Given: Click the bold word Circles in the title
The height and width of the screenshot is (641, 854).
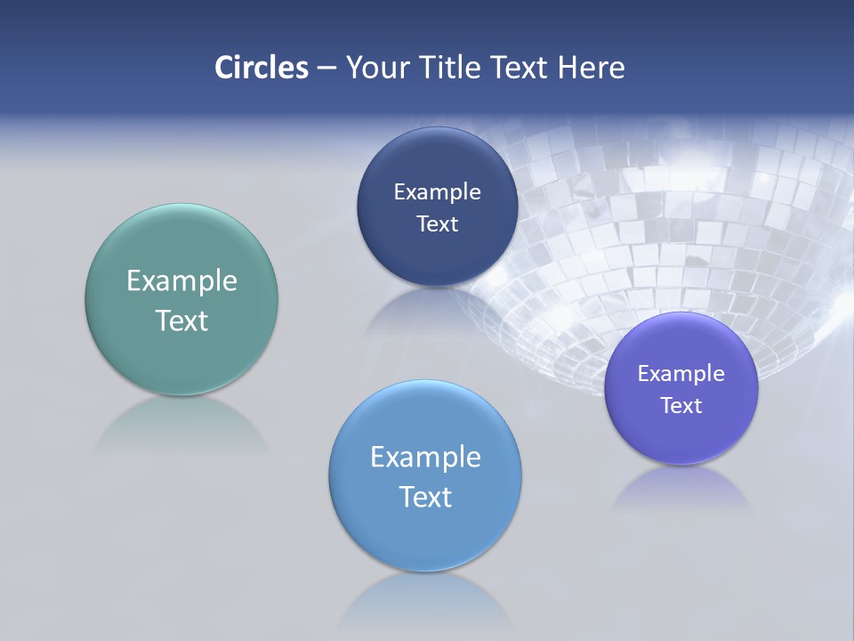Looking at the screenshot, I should [x=262, y=68].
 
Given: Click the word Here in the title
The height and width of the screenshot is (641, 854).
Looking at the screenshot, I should [x=592, y=68].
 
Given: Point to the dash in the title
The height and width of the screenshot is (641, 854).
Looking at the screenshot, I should [x=326, y=69].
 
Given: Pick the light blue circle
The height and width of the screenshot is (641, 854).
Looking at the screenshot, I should [x=425, y=525].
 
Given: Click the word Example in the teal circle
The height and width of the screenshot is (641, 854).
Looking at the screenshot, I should [x=181, y=280].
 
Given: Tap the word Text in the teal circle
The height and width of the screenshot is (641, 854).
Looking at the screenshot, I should [x=181, y=320].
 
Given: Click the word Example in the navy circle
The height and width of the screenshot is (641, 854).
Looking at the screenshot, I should [x=437, y=191].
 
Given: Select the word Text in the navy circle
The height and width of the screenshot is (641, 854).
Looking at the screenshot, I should [x=437, y=223].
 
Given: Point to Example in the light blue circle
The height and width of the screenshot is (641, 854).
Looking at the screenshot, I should [x=425, y=457].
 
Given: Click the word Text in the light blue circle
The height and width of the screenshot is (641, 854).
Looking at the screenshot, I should [x=425, y=497].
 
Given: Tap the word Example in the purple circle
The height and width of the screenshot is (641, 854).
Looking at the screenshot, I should [x=681, y=373].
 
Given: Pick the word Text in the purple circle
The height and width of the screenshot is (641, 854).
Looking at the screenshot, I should [x=681, y=405].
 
